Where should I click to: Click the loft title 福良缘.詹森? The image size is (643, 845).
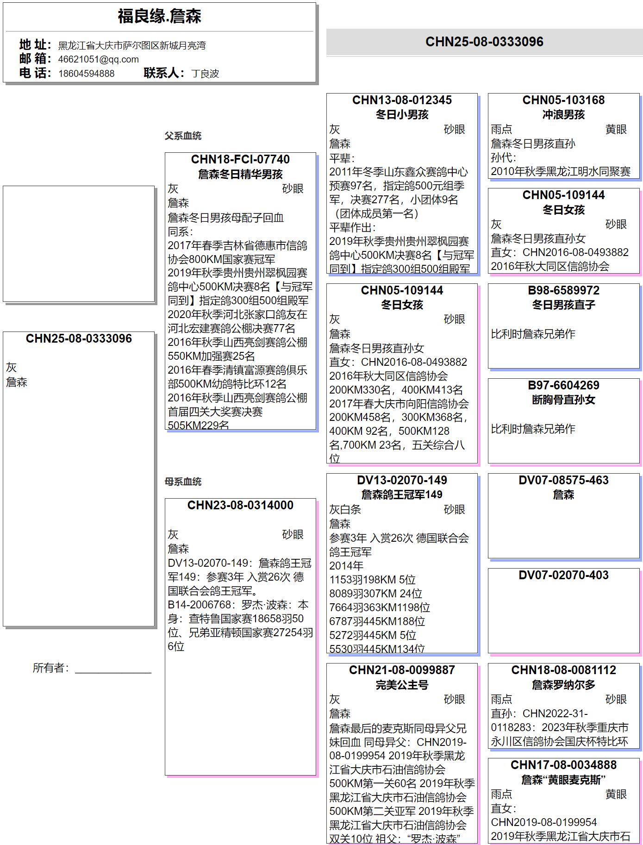(x=159, y=17)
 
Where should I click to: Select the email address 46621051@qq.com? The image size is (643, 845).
(x=98, y=59)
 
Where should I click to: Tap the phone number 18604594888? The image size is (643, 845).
(x=86, y=74)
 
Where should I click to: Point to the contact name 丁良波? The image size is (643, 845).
(x=205, y=74)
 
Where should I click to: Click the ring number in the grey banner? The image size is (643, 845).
(x=484, y=42)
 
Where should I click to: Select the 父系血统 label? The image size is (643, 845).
(x=183, y=136)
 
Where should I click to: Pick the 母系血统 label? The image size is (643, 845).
(x=183, y=482)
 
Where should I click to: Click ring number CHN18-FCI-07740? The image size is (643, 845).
(x=240, y=159)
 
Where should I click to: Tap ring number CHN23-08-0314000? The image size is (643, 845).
(x=240, y=505)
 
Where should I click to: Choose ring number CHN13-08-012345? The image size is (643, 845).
(x=402, y=100)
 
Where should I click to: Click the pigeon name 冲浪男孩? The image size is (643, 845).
(x=563, y=114)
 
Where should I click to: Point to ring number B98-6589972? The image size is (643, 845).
(x=563, y=290)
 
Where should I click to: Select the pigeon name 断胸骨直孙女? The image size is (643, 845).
(x=563, y=400)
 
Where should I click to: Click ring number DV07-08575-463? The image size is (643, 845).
(x=563, y=480)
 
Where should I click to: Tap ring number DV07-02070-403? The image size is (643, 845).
(x=563, y=575)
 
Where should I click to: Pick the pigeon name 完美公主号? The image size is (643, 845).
(x=402, y=684)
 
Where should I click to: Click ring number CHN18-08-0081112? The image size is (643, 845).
(x=563, y=670)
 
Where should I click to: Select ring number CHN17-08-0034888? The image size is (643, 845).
(x=563, y=765)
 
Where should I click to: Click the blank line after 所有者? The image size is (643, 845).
(x=113, y=670)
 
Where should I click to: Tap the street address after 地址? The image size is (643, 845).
(x=131, y=45)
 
